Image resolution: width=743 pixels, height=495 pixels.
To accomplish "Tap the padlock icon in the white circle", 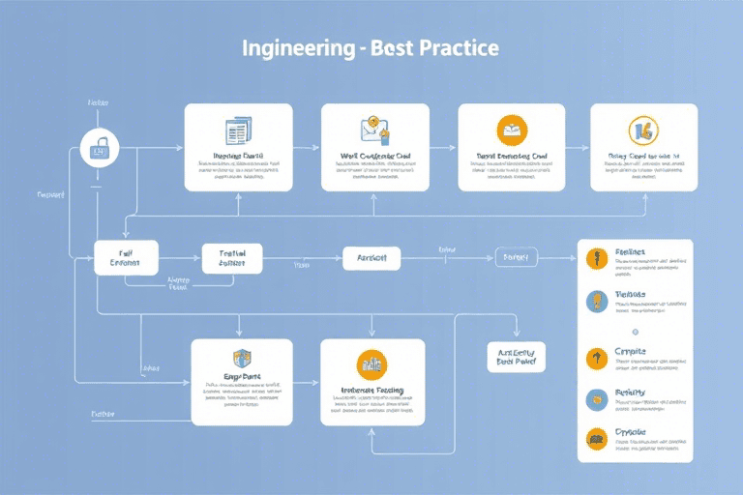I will [x=101, y=147].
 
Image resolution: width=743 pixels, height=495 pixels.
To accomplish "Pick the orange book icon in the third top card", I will [x=511, y=130].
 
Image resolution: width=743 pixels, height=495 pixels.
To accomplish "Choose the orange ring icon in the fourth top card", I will [x=643, y=130].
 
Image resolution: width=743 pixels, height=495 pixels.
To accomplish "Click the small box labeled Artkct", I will [x=371, y=257].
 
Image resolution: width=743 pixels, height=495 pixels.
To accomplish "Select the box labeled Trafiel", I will [x=232, y=258].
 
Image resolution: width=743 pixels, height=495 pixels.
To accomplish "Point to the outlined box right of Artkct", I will [x=516, y=257].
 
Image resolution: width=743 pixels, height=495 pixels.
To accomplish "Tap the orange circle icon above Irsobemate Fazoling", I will [x=371, y=363].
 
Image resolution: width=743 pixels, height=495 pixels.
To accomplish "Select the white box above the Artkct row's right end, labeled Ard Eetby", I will [x=516, y=357].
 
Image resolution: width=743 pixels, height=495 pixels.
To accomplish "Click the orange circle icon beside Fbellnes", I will [x=596, y=259].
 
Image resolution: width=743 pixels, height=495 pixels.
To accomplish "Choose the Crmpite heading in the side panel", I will [x=629, y=351].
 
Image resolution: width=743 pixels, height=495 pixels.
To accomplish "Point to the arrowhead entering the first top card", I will [x=180, y=147].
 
